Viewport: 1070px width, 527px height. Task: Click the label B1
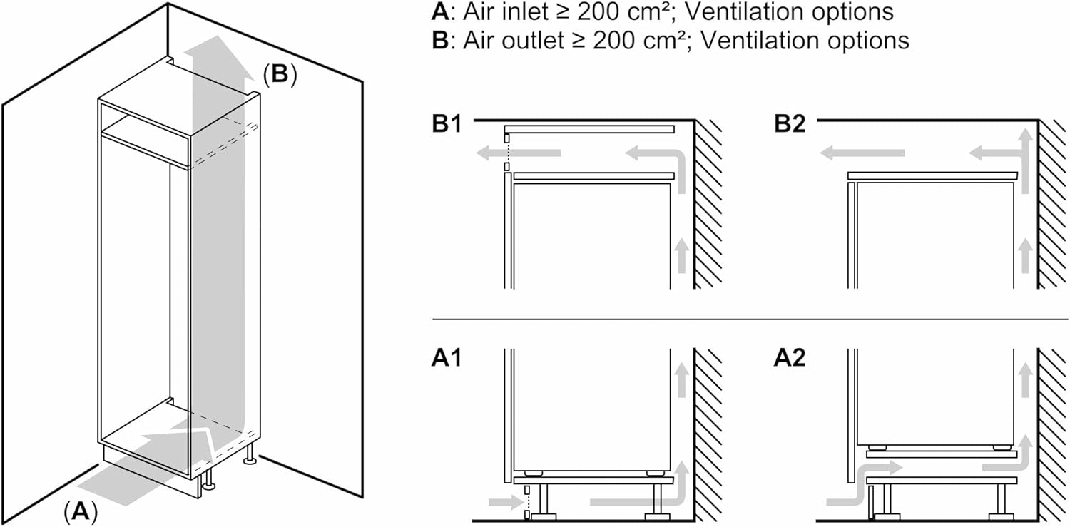coord(447,123)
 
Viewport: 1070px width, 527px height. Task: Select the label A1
coord(447,357)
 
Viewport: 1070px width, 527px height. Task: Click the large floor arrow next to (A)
coord(136,467)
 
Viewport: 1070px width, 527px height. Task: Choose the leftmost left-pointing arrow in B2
coord(861,152)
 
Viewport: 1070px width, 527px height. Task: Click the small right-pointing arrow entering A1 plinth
coord(506,503)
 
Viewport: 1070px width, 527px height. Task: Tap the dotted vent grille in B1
coord(507,151)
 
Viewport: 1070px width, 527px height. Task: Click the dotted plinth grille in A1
coord(526,502)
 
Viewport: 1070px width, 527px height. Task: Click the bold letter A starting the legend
coord(439,12)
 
